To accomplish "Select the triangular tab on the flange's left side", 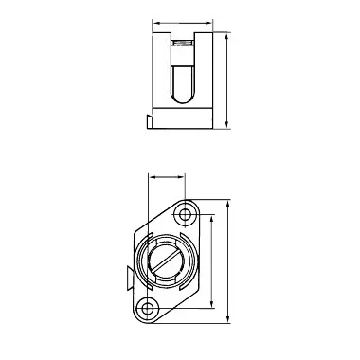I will [126, 277].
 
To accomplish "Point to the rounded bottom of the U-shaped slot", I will [183, 98].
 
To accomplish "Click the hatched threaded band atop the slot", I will [183, 43].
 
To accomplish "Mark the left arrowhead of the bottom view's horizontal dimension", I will [151, 176].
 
